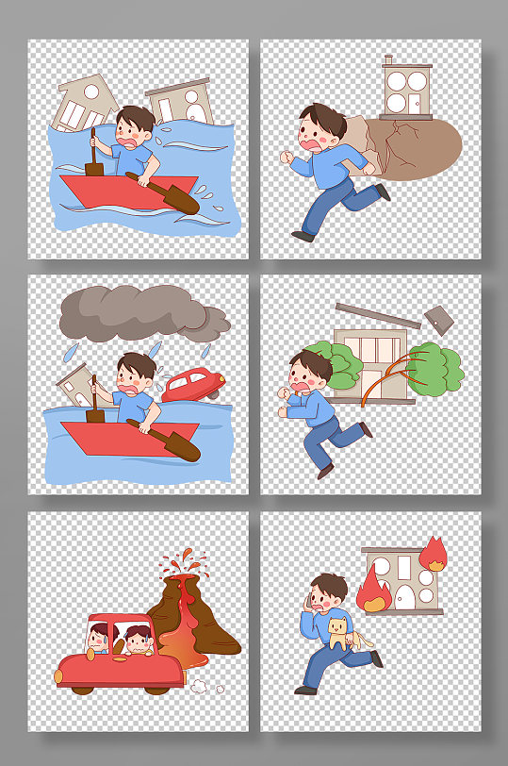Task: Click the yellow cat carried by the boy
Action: [x=338, y=633]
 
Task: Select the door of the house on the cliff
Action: [x=415, y=102]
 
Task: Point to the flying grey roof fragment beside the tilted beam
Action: [x=439, y=320]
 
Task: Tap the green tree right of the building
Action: [x=434, y=367]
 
